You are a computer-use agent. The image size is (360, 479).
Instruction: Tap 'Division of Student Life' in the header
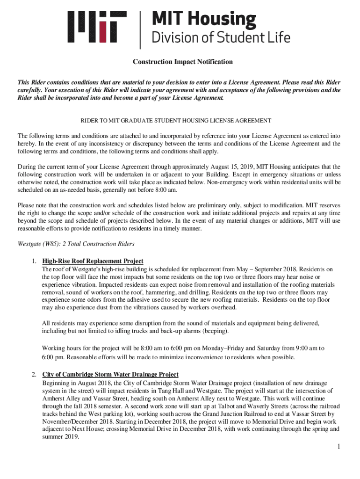pyautogui.click(x=220, y=37)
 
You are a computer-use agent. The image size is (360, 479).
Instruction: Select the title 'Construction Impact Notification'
pyautogui.click(x=183, y=62)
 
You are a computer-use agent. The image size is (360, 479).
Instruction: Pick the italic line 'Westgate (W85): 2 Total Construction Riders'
pyautogui.click(x=76, y=244)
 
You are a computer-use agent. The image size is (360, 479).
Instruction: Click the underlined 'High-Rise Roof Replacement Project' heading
pyautogui.click(x=93, y=261)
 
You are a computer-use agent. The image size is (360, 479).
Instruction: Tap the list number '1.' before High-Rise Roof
pyautogui.click(x=34, y=261)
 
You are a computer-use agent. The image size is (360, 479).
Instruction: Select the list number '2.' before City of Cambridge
pyautogui.click(x=34, y=375)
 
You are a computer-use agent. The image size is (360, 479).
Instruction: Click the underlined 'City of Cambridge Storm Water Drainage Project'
pyautogui.click(x=110, y=375)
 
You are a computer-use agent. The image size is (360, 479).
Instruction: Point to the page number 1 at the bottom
pyautogui.click(x=338, y=447)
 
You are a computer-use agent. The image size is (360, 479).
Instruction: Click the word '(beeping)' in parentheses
pyautogui.click(x=215, y=331)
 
